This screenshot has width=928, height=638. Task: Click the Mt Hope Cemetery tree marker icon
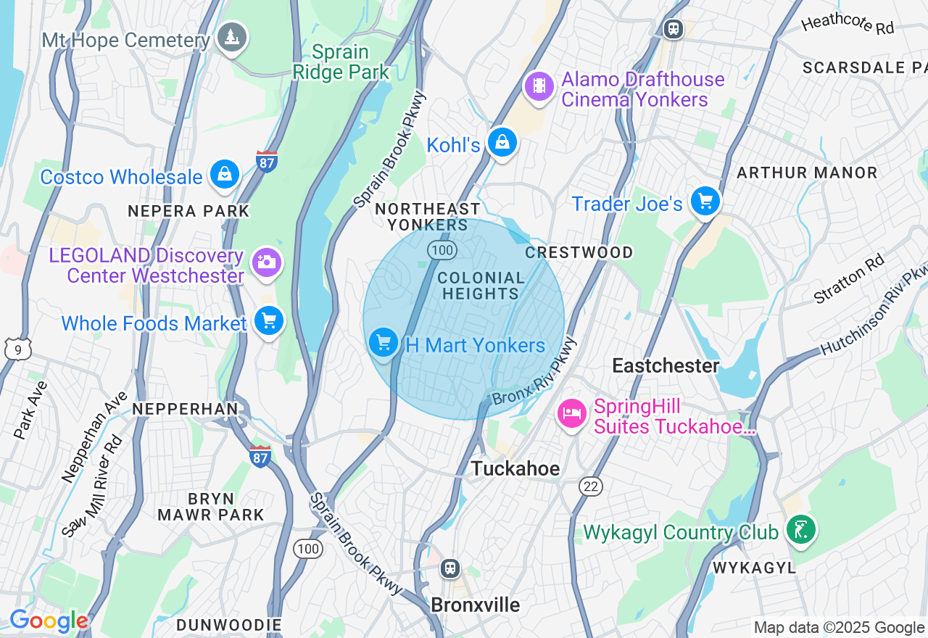(x=233, y=37)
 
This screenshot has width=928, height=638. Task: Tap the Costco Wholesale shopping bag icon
(x=225, y=175)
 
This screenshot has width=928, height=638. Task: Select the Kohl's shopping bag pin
(x=502, y=143)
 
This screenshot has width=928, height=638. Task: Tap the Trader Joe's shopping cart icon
(x=705, y=202)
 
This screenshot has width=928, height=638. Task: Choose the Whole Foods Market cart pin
(x=268, y=321)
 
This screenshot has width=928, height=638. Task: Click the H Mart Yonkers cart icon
(x=384, y=342)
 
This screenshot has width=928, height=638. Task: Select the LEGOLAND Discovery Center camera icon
(x=267, y=262)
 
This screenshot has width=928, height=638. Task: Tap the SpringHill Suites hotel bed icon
(x=571, y=414)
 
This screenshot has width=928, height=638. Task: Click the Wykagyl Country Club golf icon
(x=801, y=530)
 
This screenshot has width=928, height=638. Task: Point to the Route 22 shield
(x=591, y=486)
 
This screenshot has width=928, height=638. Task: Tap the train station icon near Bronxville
(x=450, y=568)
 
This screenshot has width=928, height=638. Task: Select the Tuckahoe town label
(x=515, y=469)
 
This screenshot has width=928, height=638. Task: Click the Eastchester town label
(x=666, y=365)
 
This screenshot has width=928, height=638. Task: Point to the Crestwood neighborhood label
(x=579, y=252)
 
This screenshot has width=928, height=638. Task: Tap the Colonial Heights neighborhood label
(x=481, y=286)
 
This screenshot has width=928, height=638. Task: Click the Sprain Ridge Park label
(x=351, y=62)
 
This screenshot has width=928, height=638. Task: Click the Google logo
(x=49, y=621)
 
